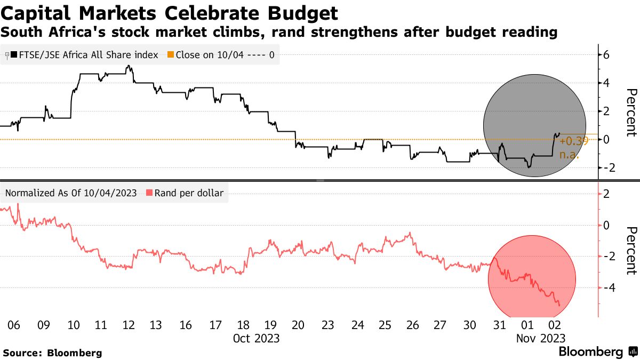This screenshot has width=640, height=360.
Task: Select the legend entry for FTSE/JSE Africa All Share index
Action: pos(85,54)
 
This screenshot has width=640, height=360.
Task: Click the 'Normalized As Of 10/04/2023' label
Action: pos(71,193)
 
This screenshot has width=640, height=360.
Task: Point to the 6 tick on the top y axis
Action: pos(606,54)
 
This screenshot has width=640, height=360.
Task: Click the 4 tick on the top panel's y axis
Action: pos(606,83)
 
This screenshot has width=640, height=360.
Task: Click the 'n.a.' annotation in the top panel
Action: pos(569,155)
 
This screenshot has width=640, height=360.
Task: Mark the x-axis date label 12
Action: pos(129,325)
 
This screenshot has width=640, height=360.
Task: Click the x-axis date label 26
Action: pos(412,325)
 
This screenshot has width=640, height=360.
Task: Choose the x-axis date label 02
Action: pos(554,325)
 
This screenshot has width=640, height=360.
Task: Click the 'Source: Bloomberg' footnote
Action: pos(52,353)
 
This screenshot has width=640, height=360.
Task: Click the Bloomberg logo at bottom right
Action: pos(597,352)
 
